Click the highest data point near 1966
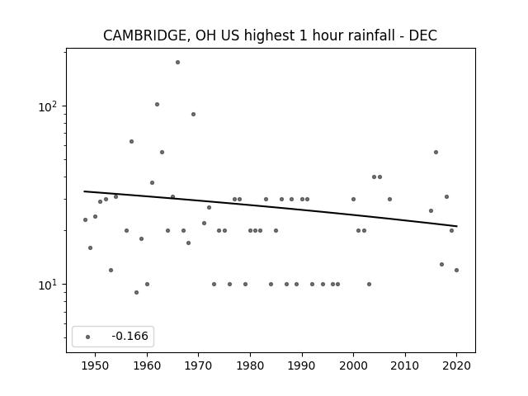[x=178, y=63]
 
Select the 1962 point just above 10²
[x=157, y=105]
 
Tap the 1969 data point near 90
[x=193, y=114]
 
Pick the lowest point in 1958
[x=136, y=292]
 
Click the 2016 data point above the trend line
[x=436, y=152]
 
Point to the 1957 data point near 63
[x=132, y=141]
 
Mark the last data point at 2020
[x=456, y=270]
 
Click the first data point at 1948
[x=85, y=220]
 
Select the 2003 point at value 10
[x=369, y=284]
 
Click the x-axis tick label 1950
[x=96, y=365]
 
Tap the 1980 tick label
[x=250, y=365]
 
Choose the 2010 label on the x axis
[x=405, y=365]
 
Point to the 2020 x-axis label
[x=456, y=365]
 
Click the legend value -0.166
[x=130, y=336]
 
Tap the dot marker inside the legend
[x=88, y=337]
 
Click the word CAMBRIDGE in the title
[x=144, y=35]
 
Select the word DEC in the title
[x=423, y=35]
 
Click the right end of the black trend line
[x=457, y=226]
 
